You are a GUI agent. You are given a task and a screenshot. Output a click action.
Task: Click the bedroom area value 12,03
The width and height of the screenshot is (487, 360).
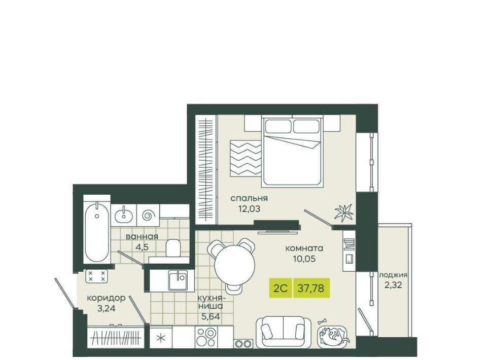[x=249, y=209]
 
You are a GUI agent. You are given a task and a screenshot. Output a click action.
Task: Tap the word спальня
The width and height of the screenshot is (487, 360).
[x=249, y=198]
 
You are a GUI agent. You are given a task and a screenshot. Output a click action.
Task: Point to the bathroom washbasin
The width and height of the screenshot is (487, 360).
[x=124, y=215]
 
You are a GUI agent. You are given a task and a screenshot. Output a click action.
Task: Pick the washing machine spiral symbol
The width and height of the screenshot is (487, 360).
[x=148, y=215]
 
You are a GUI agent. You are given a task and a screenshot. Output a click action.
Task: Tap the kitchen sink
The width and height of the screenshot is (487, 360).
[x=178, y=280]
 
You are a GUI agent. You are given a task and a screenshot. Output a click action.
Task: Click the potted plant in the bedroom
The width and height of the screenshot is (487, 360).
[x=343, y=212]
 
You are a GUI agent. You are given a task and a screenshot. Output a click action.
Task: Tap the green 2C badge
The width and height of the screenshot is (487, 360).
[x=280, y=288]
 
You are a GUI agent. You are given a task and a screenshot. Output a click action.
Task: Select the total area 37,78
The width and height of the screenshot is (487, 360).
[x=311, y=288]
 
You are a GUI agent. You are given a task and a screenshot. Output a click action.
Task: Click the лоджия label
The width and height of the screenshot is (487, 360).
[x=393, y=275]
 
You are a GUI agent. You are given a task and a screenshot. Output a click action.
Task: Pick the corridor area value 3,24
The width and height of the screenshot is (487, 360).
[x=106, y=308]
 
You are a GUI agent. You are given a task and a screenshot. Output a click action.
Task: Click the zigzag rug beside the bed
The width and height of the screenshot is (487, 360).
[x=246, y=158]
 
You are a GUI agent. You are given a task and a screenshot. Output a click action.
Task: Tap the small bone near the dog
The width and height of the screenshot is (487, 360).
[x=323, y=321]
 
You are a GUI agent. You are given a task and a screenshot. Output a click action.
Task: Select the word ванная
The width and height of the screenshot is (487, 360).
[x=142, y=236]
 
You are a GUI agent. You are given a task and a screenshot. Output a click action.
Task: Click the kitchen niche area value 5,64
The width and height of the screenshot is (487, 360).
[x=211, y=316]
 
